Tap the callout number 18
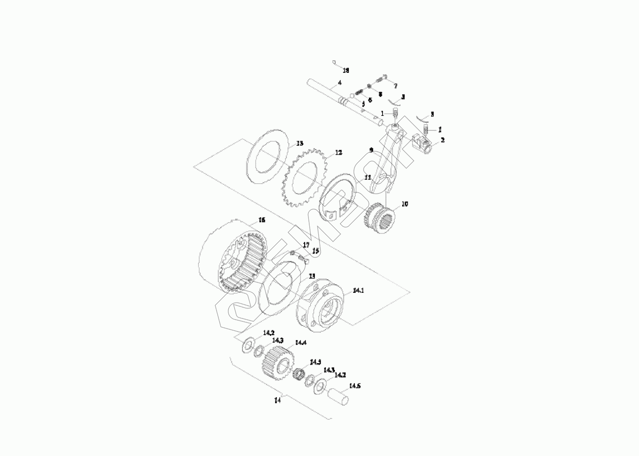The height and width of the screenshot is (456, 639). (346, 70)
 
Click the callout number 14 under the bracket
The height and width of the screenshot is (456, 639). (277, 400)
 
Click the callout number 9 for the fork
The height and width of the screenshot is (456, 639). (371, 150)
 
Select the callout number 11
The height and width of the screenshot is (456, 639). (367, 177)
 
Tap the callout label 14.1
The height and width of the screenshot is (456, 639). (358, 290)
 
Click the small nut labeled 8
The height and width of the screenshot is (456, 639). (369, 87)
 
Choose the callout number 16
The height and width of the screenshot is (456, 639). (262, 220)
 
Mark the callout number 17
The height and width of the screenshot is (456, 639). (306, 245)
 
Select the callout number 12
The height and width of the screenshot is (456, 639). (338, 152)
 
